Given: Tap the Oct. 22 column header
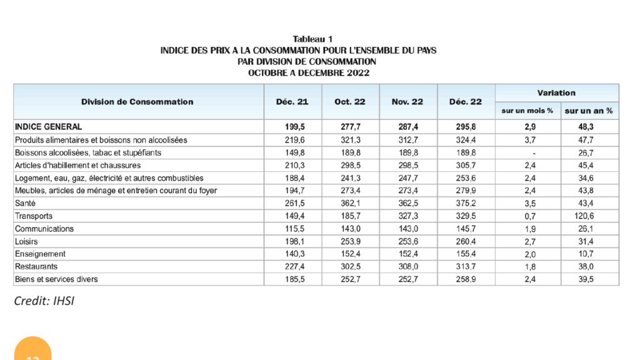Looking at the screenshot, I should pyautogui.click(x=351, y=102).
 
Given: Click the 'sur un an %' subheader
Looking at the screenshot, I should pyautogui.click(x=588, y=111).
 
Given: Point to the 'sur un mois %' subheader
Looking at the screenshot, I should pyautogui.click(x=527, y=111).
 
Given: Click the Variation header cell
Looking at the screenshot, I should pyautogui.click(x=556, y=93).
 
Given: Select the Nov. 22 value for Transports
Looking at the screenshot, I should pyautogui.click(x=408, y=216).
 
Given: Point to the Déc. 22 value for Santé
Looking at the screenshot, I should pyautogui.click(x=466, y=203).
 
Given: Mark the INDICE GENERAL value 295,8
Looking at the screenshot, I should pyautogui.click(x=466, y=126).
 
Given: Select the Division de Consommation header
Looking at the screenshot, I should pyautogui.click(x=137, y=102).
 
